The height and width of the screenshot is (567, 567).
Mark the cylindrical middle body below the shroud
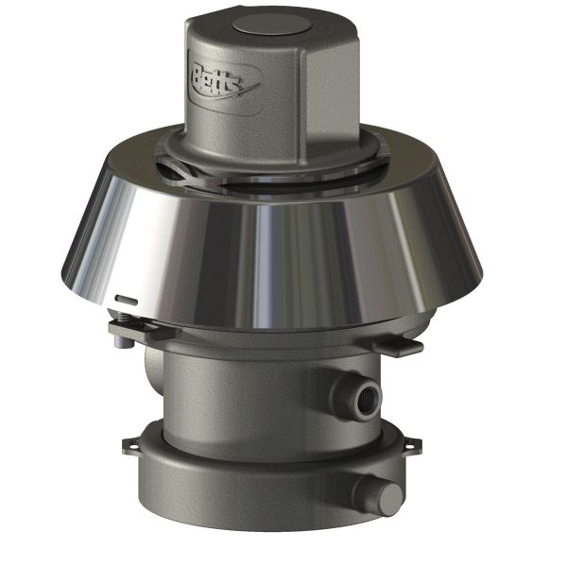click(x=265, y=387)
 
